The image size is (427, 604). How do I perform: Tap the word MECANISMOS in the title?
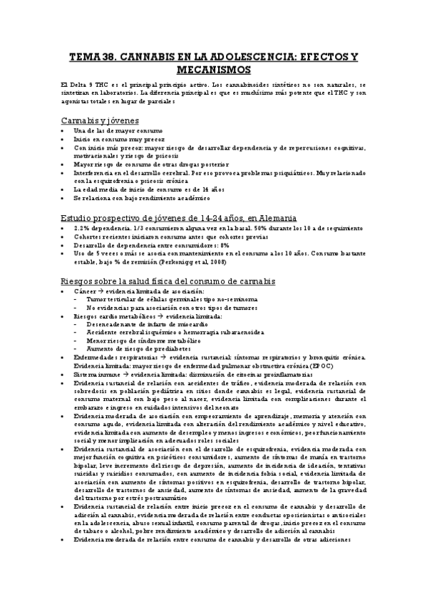[213, 70]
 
